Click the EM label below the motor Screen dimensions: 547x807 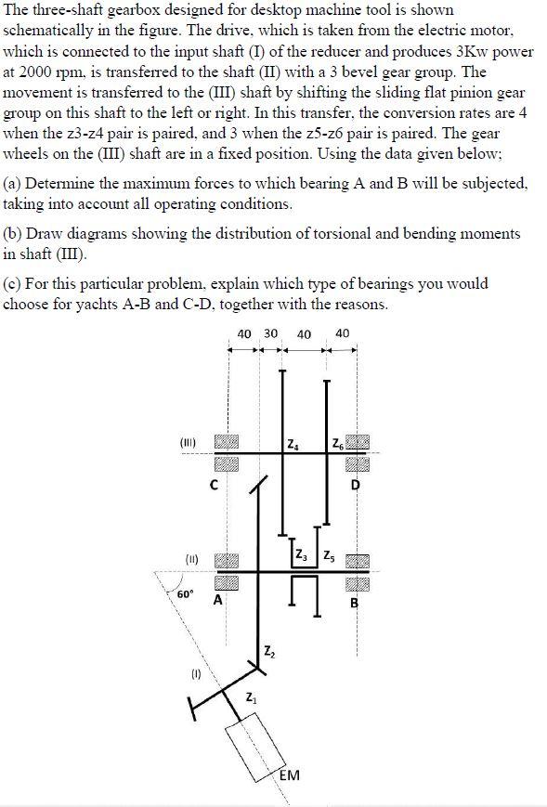[289, 775]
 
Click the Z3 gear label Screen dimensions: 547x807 [300, 556]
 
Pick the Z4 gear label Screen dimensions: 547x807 [293, 440]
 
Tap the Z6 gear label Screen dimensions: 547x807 [337, 440]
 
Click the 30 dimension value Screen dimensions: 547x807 [270, 333]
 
